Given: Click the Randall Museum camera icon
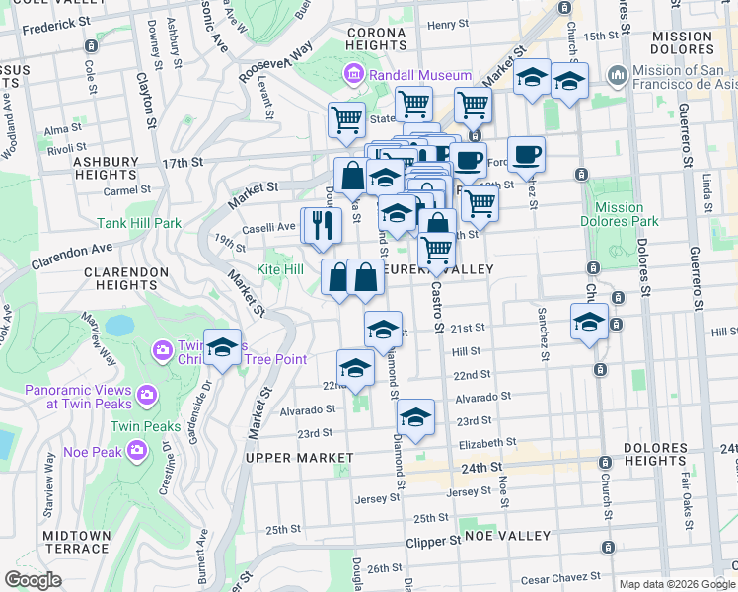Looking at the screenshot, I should [x=353, y=75].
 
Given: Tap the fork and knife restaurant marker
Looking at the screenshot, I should [x=321, y=225].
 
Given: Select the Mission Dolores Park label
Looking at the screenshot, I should [x=620, y=215].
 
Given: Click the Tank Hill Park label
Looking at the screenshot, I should [x=138, y=224].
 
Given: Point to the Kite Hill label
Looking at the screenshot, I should [x=280, y=269].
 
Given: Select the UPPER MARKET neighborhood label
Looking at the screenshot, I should [x=299, y=458].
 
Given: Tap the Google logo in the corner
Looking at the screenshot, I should [x=33, y=580].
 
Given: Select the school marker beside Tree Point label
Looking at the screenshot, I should [x=223, y=346].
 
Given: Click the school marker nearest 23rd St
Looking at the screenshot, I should [x=415, y=418].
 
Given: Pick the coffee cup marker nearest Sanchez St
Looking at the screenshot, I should [x=526, y=154].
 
